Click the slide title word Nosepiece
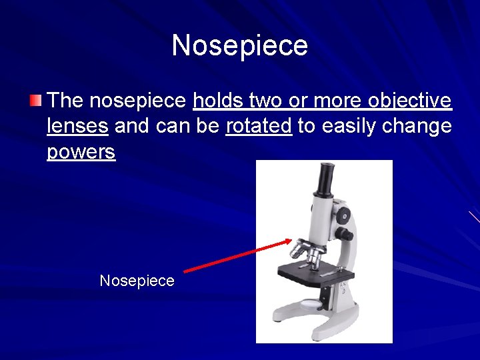tap(240, 45)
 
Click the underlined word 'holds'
tap(215, 101)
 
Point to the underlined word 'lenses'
tap(78, 126)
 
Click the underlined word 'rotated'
tap(259, 126)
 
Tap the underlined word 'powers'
tap(81, 151)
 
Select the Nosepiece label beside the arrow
tap(137, 281)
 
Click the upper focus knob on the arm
tap(343, 214)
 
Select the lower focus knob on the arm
tap(345, 234)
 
